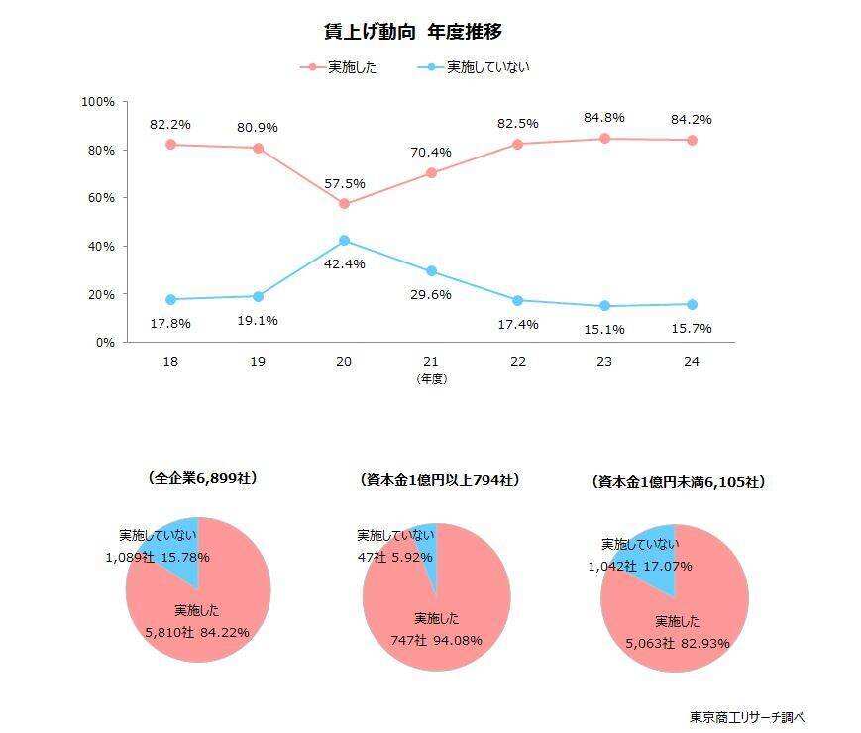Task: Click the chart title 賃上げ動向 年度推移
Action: [420, 31]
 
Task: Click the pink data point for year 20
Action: [344, 204]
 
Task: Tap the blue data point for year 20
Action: [344, 240]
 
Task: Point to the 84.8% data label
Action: [604, 118]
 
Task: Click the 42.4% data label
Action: [344, 263]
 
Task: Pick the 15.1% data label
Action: [604, 329]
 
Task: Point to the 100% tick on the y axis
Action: [99, 102]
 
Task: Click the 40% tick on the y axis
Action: [103, 246]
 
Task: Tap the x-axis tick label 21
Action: [431, 362]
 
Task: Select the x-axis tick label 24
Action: [692, 362]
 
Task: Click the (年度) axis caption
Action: [431, 378]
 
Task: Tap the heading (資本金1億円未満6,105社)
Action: [679, 482]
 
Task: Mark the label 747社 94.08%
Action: [436, 640]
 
